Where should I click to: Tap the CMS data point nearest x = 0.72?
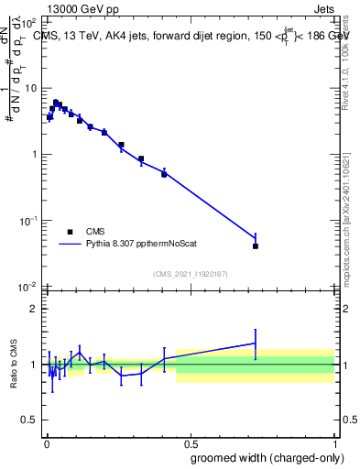[x=256, y=245]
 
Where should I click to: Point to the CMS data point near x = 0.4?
[x=164, y=174]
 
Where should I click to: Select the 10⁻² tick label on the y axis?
[x=28, y=287]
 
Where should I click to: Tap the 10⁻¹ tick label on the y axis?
[x=28, y=221]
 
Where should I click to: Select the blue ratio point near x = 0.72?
[x=256, y=343]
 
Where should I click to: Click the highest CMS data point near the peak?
[x=56, y=103]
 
